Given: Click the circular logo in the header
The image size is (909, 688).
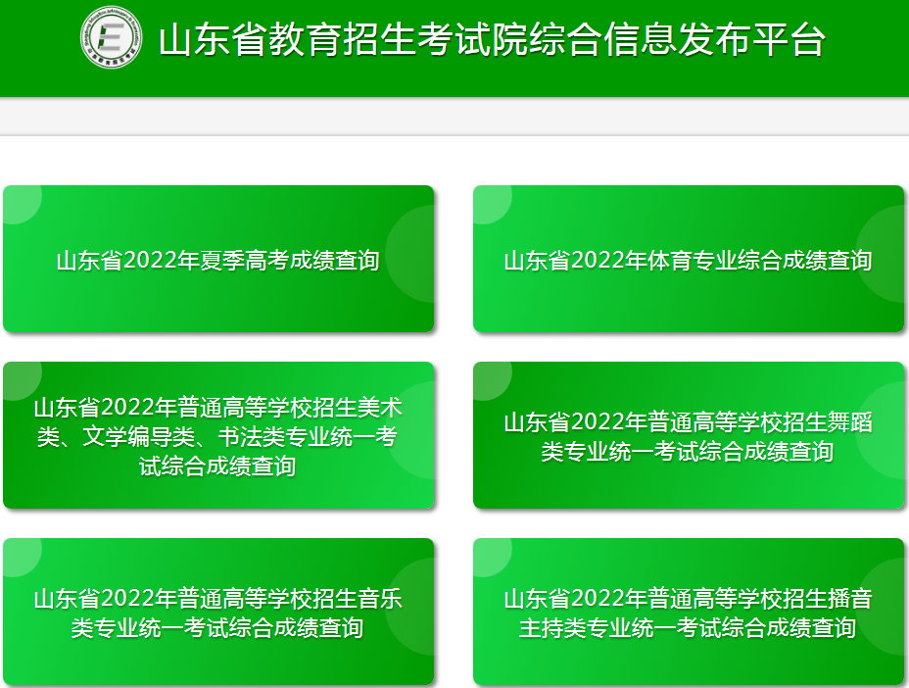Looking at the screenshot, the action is click(x=111, y=37).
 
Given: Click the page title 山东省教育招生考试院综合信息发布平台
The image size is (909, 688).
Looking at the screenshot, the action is click(x=492, y=40).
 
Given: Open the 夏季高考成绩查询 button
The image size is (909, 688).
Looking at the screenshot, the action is click(x=218, y=259).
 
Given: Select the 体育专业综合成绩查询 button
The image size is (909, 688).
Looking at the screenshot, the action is click(x=689, y=259).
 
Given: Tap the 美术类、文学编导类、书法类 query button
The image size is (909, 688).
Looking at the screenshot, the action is click(x=218, y=435).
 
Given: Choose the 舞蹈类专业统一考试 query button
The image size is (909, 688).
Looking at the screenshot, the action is click(x=689, y=435).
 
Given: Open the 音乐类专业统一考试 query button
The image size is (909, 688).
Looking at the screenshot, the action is click(x=218, y=612).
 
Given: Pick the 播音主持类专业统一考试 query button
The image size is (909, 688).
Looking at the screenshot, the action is click(x=689, y=612).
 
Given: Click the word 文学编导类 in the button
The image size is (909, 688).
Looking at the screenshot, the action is click(x=138, y=437).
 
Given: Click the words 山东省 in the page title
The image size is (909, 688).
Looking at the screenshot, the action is click(x=213, y=40).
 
